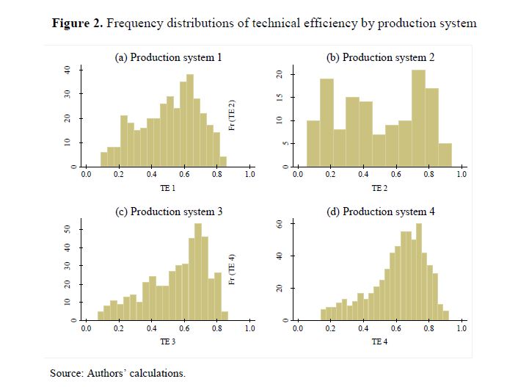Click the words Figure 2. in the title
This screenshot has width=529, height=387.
pos(78,23)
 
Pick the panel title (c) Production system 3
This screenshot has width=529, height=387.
pos(167,211)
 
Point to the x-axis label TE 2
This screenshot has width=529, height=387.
pos(379,189)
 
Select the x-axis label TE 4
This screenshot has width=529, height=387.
pos(379,342)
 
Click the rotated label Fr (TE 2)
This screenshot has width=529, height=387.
pos(233,116)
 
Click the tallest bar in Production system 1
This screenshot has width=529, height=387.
pos(190,121)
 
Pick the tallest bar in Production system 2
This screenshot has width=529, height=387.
pos(419,119)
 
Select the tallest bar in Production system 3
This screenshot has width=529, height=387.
pos(198,272)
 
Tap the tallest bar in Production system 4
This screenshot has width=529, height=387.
pos(419,272)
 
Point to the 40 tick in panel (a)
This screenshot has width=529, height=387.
pos(67,70)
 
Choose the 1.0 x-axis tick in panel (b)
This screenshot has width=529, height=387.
pos(461,175)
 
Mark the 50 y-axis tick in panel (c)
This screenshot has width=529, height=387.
pos(67,229)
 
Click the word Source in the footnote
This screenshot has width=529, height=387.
pos(66,373)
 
